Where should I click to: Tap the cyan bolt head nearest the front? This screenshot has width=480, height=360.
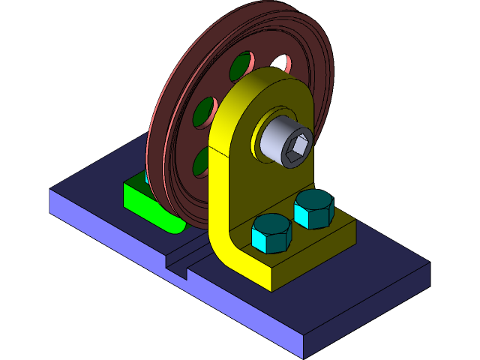(x=271, y=232)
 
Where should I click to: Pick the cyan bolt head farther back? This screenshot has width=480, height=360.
(x=313, y=208)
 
